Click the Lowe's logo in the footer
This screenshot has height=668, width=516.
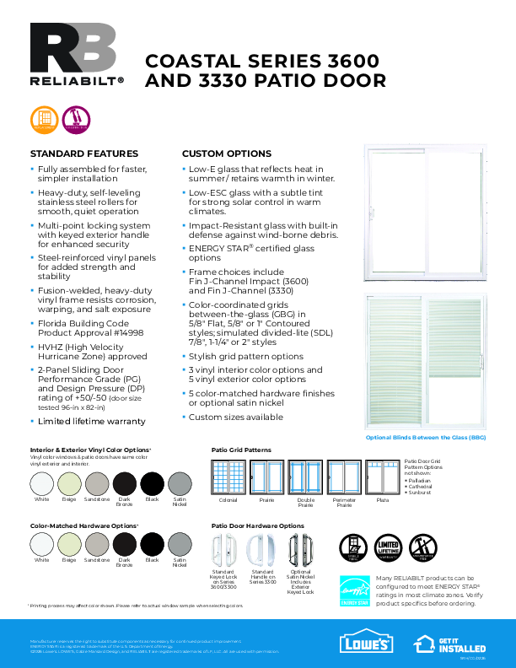[366, 643]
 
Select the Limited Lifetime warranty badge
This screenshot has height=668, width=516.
[387, 547]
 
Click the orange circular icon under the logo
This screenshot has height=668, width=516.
[42, 119]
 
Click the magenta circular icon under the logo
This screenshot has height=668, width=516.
[76, 119]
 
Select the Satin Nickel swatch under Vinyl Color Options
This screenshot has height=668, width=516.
[180, 483]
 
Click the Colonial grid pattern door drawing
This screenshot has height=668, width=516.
[228, 477]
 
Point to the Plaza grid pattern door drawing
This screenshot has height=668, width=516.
[382, 477]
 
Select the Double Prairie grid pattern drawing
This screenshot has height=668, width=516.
[305, 477]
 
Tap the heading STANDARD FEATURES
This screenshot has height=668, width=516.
[84, 154]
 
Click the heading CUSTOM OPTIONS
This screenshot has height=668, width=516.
[226, 154]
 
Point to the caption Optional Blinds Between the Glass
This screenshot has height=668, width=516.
[425, 438]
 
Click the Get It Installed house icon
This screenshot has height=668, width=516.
[425, 642]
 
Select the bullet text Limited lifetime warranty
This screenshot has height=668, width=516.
[91, 421]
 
